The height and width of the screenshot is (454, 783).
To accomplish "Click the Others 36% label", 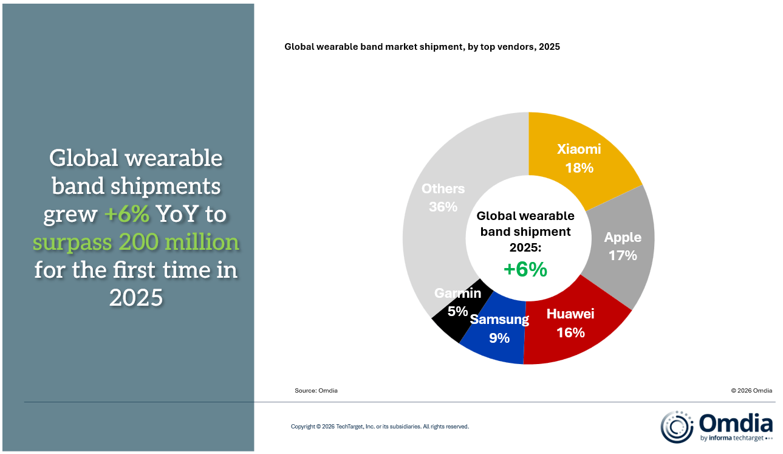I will tap(443, 198).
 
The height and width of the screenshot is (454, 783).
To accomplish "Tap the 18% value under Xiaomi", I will tap(579, 168).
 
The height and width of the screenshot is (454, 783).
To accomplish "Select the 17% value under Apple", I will tap(623, 255).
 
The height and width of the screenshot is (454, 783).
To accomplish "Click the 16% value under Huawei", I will tap(570, 332).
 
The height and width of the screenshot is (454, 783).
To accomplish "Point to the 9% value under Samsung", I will tap(499, 338).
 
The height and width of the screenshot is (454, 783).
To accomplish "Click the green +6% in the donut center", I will tap(525, 269).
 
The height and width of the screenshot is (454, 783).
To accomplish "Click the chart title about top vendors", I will tap(422, 47).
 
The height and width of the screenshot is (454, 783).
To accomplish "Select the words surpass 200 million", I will tap(135, 242).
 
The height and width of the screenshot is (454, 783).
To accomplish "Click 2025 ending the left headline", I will tap(135, 297).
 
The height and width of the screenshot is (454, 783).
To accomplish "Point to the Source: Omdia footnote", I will tap(316, 391).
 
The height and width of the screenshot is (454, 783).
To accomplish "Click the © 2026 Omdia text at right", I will tap(752, 391).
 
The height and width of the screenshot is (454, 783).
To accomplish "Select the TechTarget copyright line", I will tap(380, 427).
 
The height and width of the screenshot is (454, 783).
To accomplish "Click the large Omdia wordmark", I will tap(736, 422).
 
